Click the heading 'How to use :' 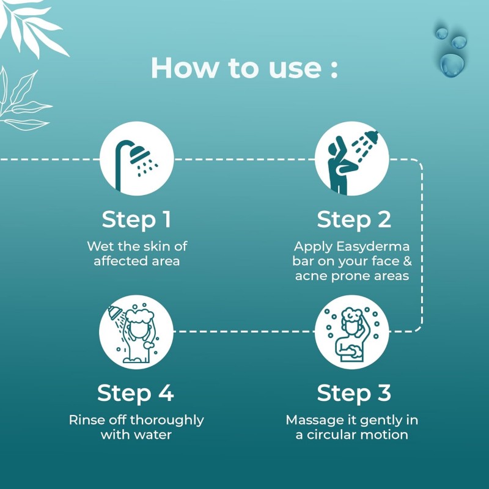point(244,68)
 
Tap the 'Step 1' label point(136,220)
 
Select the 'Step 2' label point(354,220)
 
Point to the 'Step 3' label point(354,393)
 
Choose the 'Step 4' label point(135,393)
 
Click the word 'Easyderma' point(373,247)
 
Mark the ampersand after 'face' point(407,261)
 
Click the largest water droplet point(452,65)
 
